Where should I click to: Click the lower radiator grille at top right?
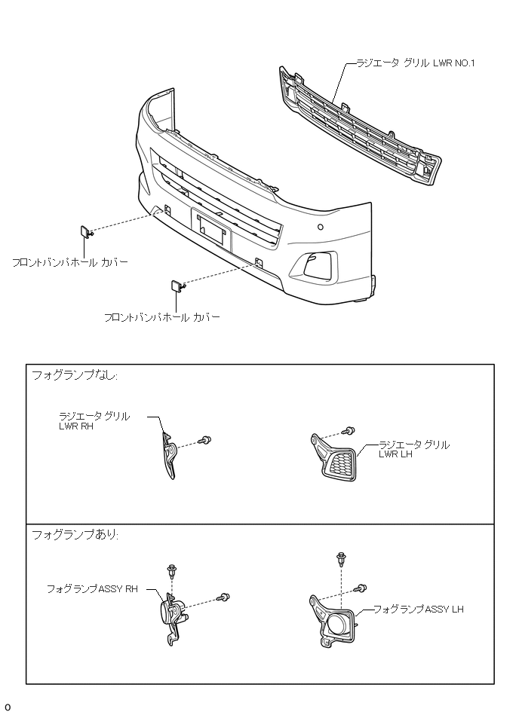pos(355,128)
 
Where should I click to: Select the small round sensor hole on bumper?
pos(321,226)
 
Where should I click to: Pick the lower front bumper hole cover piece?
pos(174,286)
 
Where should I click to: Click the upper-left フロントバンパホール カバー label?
pos(70,263)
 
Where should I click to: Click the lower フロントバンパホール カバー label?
pos(161,318)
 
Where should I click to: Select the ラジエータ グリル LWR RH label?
pos(94,420)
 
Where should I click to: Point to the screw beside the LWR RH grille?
pos(204,440)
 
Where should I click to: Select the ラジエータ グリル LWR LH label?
pos(413,450)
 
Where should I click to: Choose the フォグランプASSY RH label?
pos(93,588)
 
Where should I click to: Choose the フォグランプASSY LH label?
pos(418,608)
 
